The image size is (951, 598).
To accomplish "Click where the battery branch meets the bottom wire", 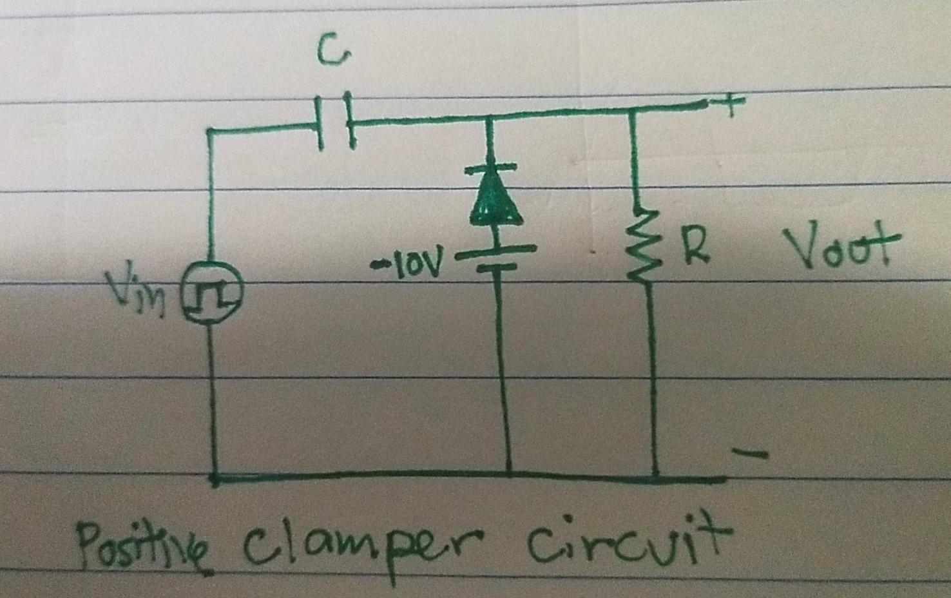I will point(510,476).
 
